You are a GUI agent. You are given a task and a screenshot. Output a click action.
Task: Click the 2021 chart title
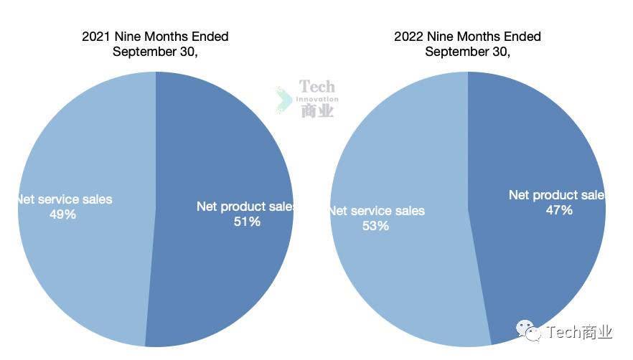point(155,44)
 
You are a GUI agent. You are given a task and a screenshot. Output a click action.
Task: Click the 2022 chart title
point(467,44)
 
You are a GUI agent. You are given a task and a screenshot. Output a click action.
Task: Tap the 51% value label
point(247,222)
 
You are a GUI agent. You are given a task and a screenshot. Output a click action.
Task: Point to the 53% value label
point(375,226)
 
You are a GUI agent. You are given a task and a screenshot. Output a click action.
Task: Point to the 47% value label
point(559,210)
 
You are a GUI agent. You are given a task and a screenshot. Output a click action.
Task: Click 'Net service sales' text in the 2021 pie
point(65,199)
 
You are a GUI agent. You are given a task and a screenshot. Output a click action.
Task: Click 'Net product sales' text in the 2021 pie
point(246,207)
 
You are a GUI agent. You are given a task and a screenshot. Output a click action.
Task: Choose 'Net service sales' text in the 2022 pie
point(378,211)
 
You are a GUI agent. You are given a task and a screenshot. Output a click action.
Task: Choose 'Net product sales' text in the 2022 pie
point(557,195)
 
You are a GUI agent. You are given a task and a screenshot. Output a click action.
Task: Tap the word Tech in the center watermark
point(317,87)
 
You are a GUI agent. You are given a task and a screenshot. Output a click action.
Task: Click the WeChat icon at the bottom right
point(527,331)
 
